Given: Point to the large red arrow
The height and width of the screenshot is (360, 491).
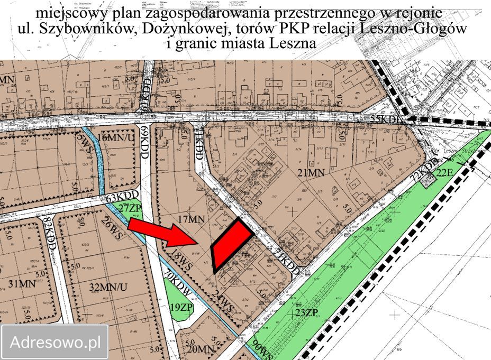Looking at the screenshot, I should click(162, 234).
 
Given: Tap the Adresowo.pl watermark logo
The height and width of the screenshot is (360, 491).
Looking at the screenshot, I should click(56, 342).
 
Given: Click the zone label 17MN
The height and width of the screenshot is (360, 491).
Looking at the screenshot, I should click(192, 218).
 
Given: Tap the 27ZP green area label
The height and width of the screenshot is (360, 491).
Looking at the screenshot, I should click(130, 208).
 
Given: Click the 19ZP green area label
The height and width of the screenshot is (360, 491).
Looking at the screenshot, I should click(181, 307).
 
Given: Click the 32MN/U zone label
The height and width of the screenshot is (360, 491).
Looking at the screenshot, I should click(108, 288).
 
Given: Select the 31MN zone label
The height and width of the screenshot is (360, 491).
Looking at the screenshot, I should click(22, 283).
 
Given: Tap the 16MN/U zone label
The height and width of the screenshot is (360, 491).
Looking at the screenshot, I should click(115, 137).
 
